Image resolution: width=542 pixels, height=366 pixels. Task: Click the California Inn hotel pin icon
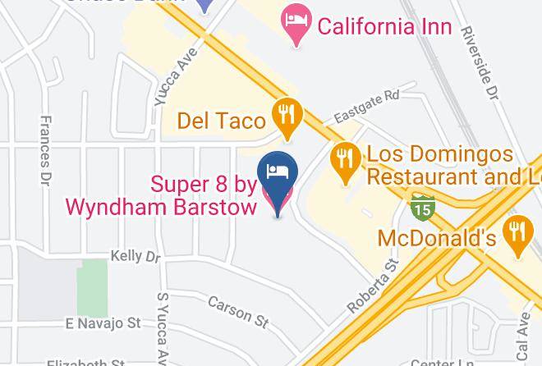(294, 24)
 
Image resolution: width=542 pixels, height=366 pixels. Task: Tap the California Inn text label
(384, 26)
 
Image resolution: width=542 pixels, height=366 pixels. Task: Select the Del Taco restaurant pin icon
(286, 117)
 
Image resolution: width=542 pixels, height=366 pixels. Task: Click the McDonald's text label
(437, 238)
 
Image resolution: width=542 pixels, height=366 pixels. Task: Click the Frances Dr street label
(47, 149)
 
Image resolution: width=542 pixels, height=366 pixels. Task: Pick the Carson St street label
(238, 311)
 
